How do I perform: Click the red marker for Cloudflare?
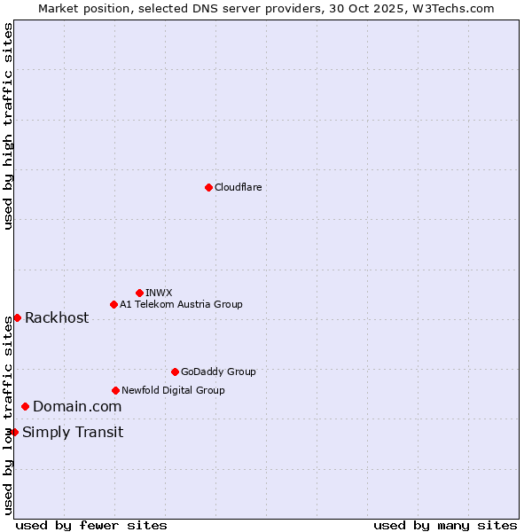click(x=208, y=187)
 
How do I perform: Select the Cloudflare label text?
click(x=238, y=187)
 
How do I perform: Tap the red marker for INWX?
click(x=139, y=293)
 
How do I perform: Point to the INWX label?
click(x=159, y=293)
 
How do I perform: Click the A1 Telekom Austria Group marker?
click(x=113, y=304)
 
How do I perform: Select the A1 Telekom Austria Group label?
click(x=181, y=304)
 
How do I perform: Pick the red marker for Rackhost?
click(x=17, y=317)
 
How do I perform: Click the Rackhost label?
click(x=57, y=318)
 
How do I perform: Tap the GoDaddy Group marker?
click(x=175, y=372)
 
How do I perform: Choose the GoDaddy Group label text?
click(x=218, y=372)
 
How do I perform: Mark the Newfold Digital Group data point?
click(x=115, y=390)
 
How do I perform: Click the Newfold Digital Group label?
click(x=173, y=390)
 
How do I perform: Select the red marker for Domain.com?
click(x=25, y=406)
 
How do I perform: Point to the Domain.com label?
click(x=77, y=407)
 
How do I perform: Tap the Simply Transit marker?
click(x=14, y=432)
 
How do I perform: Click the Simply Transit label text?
click(x=73, y=433)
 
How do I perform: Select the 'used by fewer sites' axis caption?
click(x=91, y=525)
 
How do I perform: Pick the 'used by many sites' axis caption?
click(x=445, y=525)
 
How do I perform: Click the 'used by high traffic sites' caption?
click(x=8, y=126)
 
